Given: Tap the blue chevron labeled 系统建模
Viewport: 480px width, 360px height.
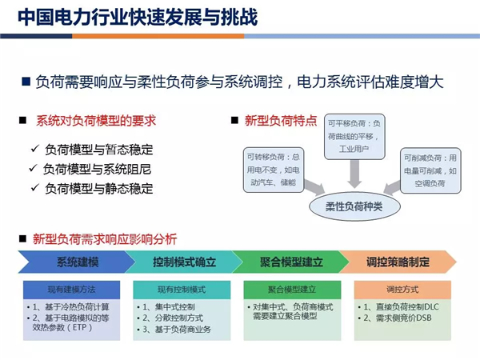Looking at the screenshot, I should (76, 262).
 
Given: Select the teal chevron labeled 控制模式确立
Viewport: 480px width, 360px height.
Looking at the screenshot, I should (179, 262).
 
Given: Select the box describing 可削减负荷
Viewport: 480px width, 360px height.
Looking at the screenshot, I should (431, 170).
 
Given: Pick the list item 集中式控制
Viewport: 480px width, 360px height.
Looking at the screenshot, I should (172, 306).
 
